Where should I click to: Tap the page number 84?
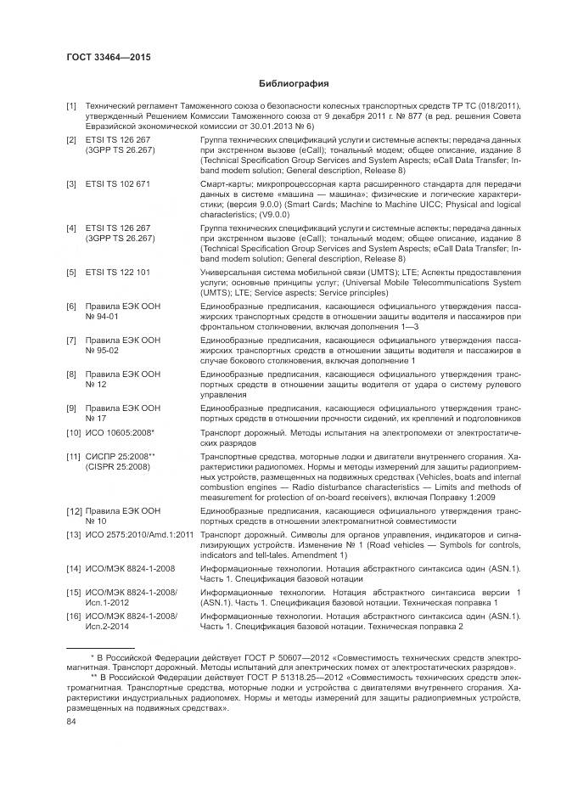pos(71,722)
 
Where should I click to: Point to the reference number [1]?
pos(72,106)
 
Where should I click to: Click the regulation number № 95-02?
pos(106,350)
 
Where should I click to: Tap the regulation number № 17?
pos(99,418)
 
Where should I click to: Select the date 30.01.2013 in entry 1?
pos(261,126)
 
